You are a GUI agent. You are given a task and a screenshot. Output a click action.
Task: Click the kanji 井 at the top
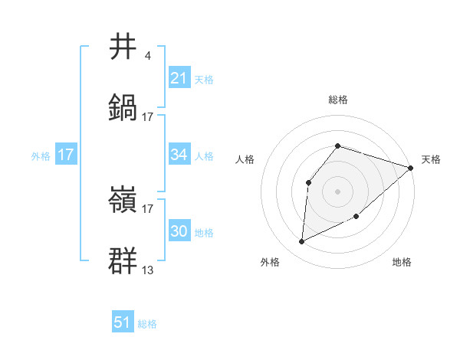pos(123,47)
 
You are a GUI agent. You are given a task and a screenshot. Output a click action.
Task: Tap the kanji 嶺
pos(123,201)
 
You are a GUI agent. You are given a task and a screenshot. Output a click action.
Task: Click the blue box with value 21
pos(179,78)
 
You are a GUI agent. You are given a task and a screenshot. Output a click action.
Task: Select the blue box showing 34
pos(179,155)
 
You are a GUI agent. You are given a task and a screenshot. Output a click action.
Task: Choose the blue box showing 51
pos(123,322)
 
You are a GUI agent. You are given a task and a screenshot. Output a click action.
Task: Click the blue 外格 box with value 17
pos(66,155)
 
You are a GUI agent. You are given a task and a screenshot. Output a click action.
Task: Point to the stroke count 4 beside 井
pos(147,56)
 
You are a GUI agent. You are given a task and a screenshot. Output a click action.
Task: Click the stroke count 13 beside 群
pos(148,270)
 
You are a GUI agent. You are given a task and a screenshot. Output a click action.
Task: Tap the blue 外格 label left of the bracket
pos(41,155)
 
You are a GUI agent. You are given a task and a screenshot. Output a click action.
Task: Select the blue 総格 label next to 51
pos(147,324)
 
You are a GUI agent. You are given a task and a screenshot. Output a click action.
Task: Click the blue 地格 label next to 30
pos(204,233)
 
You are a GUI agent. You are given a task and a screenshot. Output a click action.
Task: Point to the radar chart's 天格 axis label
pos(431,159)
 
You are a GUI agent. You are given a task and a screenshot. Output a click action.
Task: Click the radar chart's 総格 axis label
pos(338,100)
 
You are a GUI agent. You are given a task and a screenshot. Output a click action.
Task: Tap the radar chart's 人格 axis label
pos(245,159)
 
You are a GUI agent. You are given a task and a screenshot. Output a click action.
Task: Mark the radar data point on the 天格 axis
pos(411,168)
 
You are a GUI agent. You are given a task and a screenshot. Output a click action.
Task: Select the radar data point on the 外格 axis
pos(301,242)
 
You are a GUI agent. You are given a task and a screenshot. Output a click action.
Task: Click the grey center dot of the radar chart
pos(338,191)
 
